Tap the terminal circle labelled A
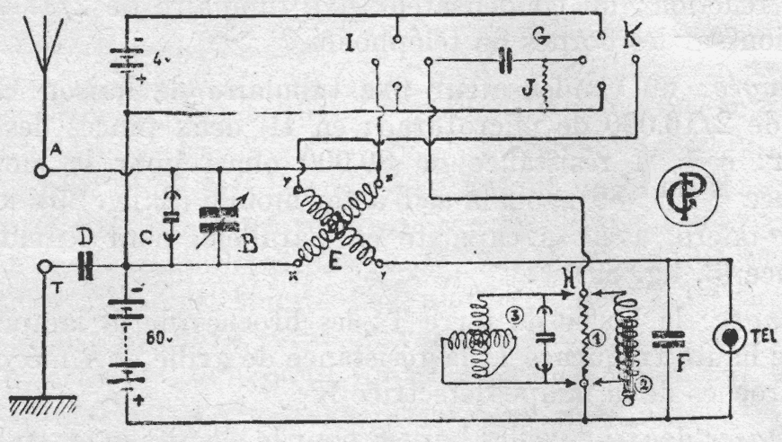point(40,170)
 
